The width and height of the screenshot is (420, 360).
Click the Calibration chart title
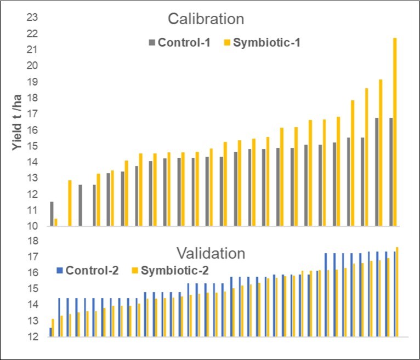pyautogui.click(x=206, y=19)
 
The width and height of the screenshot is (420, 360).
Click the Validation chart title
pyautogui.click(x=210, y=254)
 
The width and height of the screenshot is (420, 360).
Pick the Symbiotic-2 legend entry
pyautogui.click(x=170, y=270)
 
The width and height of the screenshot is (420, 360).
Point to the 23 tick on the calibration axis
pyautogui.click(x=32, y=18)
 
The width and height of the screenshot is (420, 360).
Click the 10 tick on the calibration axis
pyautogui.click(x=32, y=226)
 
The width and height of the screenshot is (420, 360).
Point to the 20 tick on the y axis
pyautogui.click(x=32, y=66)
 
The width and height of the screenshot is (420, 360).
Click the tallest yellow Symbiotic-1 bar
pyautogui.click(x=395, y=132)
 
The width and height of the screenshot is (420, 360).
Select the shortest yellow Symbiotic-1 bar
pyautogui.click(x=56, y=222)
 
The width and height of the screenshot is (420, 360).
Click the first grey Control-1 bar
pyautogui.click(x=52, y=214)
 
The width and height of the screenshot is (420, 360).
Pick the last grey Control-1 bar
pyautogui.click(x=391, y=172)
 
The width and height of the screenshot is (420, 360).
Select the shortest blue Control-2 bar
pyautogui.click(x=51, y=332)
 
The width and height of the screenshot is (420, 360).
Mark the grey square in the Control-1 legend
pyautogui.click(x=151, y=42)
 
